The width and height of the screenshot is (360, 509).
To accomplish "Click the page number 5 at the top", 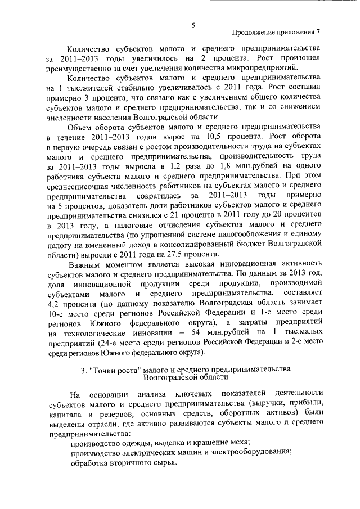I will pyautogui.click(x=193, y=25).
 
